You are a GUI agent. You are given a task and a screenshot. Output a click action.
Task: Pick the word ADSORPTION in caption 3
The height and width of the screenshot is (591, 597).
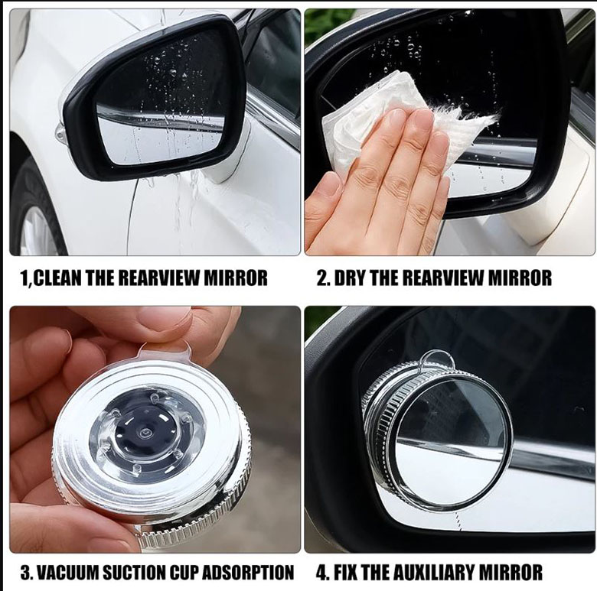point(249,572)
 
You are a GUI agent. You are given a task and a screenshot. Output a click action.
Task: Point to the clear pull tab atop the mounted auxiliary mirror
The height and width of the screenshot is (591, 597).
point(437,359)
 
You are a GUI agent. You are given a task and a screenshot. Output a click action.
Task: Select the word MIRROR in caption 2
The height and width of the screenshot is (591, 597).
point(520,278)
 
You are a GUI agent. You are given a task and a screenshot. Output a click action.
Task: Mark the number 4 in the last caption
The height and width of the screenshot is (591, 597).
point(321,572)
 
